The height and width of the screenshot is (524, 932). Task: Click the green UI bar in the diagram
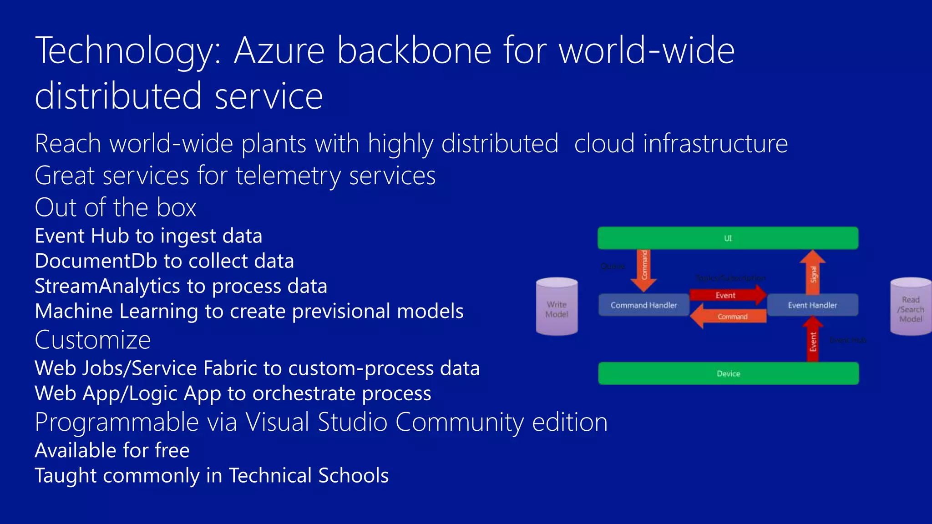pyautogui.click(x=728, y=238)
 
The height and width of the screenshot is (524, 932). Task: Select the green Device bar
pyautogui.click(x=728, y=373)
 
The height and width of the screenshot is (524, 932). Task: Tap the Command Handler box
pyautogui.click(x=643, y=305)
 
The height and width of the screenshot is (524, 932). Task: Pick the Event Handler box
pyautogui.click(x=812, y=305)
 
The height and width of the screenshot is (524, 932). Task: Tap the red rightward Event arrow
pyautogui.click(x=727, y=295)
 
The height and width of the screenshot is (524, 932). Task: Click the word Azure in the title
pyautogui.click(x=279, y=50)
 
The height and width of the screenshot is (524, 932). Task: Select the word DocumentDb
pyautogui.click(x=96, y=261)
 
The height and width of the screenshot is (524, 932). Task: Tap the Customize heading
pyautogui.click(x=93, y=340)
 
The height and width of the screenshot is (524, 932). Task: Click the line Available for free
pyautogui.click(x=112, y=450)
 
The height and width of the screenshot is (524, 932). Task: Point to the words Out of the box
pyautogui.click(x=116, y=207)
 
